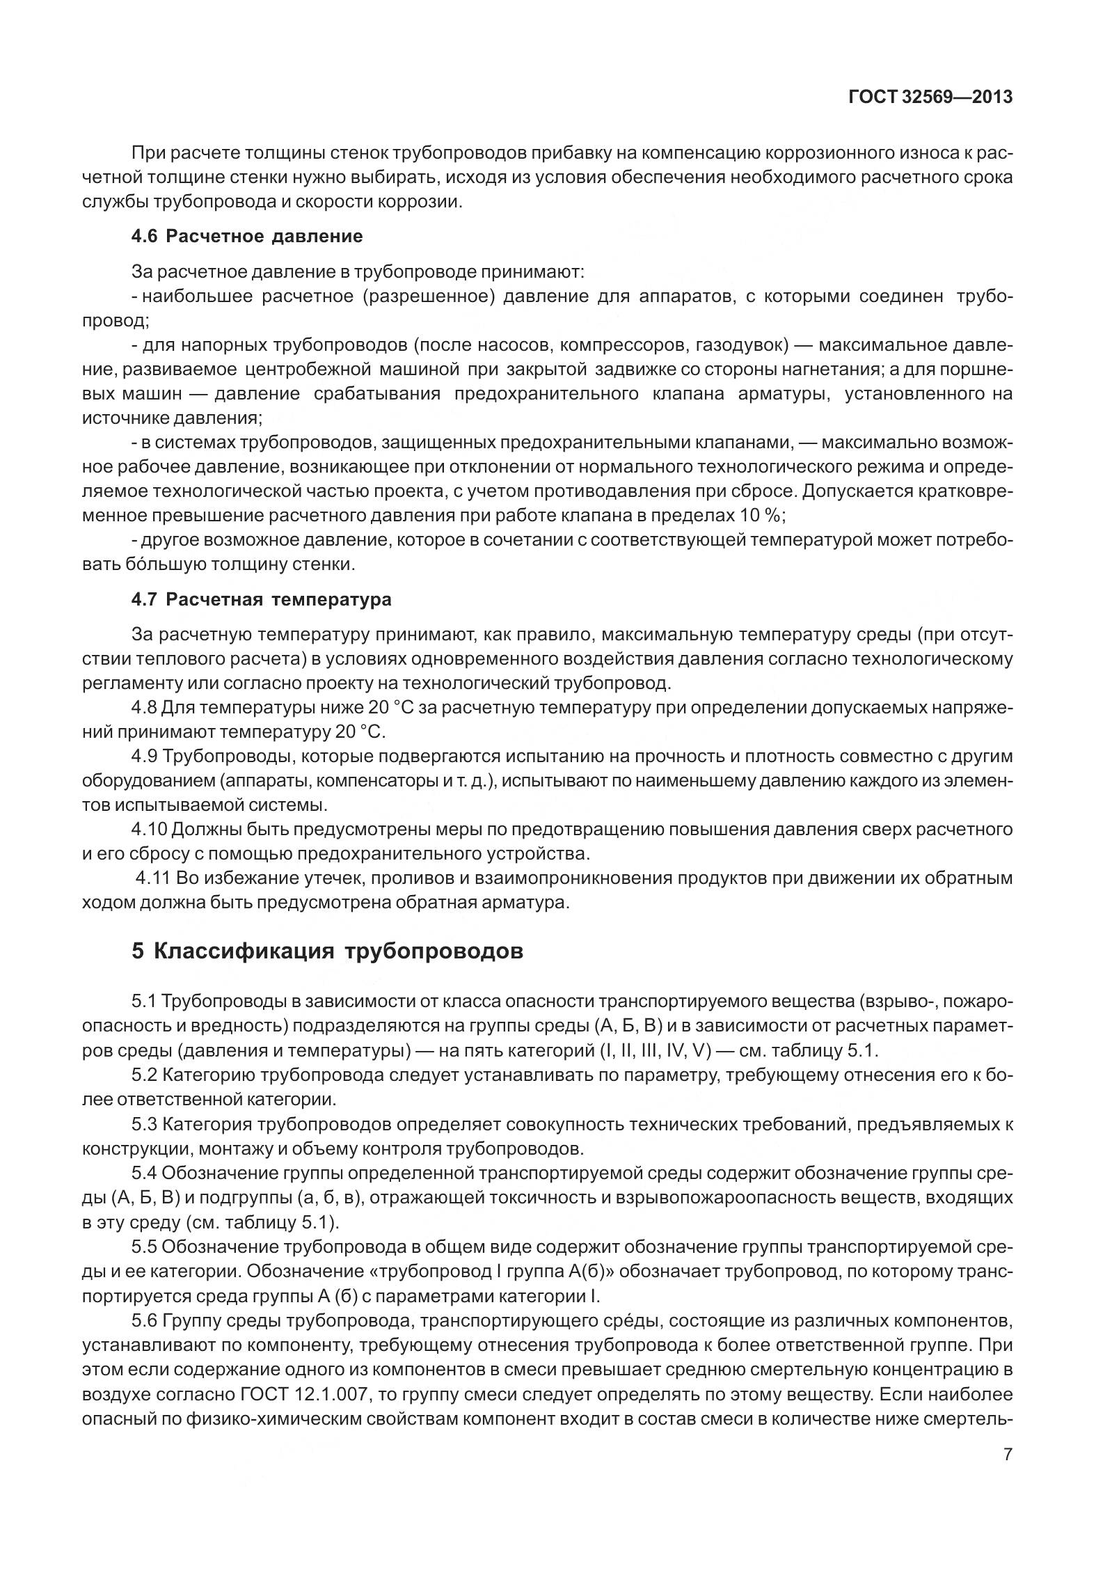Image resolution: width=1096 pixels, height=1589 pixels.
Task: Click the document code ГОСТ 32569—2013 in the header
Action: (x=930, y=97)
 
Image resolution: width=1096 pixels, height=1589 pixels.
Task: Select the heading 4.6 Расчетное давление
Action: (x=247, y=236)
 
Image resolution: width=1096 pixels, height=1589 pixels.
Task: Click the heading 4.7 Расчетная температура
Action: (x=261, y=599)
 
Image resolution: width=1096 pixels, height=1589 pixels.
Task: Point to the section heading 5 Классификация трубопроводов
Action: (x=327, y=951)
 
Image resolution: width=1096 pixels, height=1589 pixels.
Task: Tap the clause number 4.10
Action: (x=148, y=829)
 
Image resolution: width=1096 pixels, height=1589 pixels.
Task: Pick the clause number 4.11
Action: (x=153, y=878)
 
